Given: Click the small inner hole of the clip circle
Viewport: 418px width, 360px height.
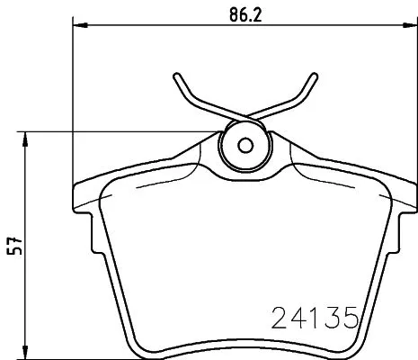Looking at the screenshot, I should [x=245, y=144].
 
